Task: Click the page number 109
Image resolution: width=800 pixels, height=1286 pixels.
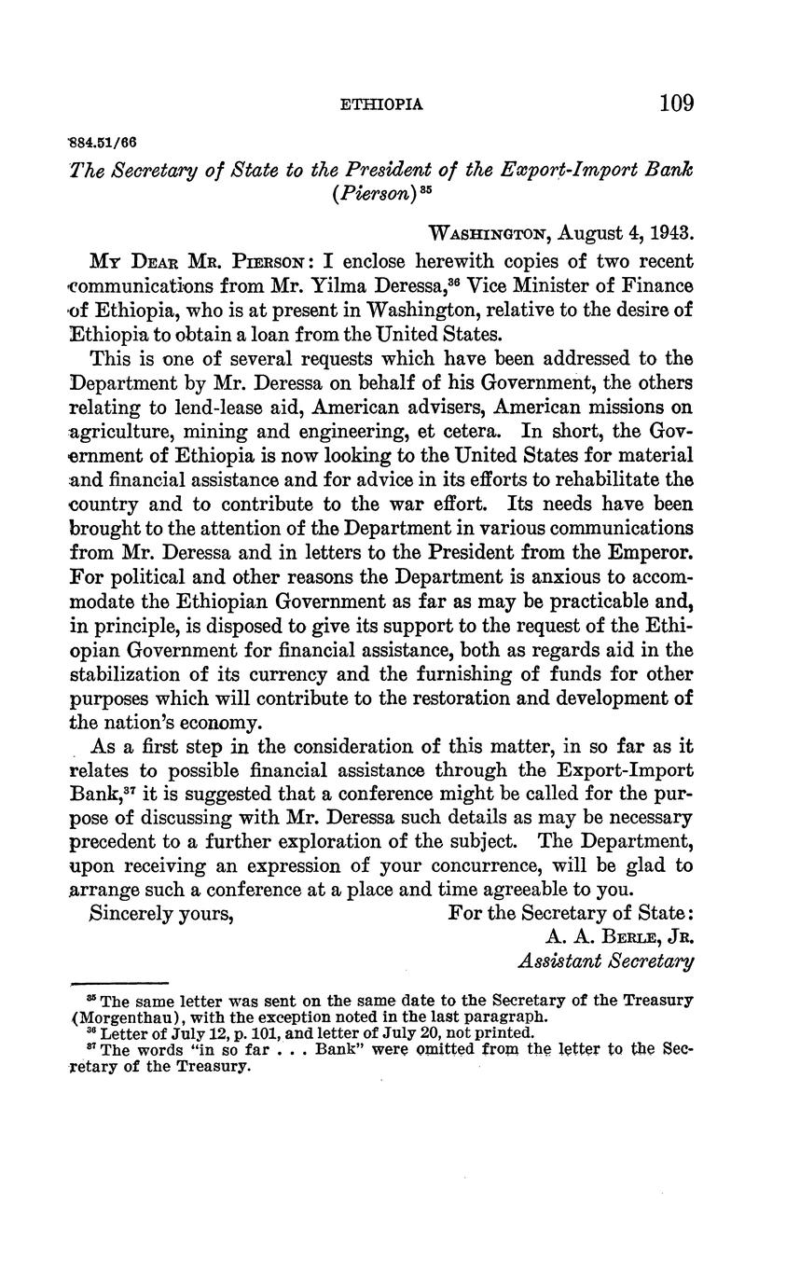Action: tap(676, 103)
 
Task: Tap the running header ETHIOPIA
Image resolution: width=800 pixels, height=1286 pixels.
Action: tap(382, 104)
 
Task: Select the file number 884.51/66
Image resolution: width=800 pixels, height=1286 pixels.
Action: tap(103, 143)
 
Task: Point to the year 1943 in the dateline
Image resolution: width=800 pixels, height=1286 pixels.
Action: tap(671, 232)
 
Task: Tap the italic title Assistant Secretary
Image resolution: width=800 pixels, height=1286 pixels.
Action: tap(605, 961)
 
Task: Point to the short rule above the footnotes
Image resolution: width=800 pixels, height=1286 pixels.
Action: tap(119, 983)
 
